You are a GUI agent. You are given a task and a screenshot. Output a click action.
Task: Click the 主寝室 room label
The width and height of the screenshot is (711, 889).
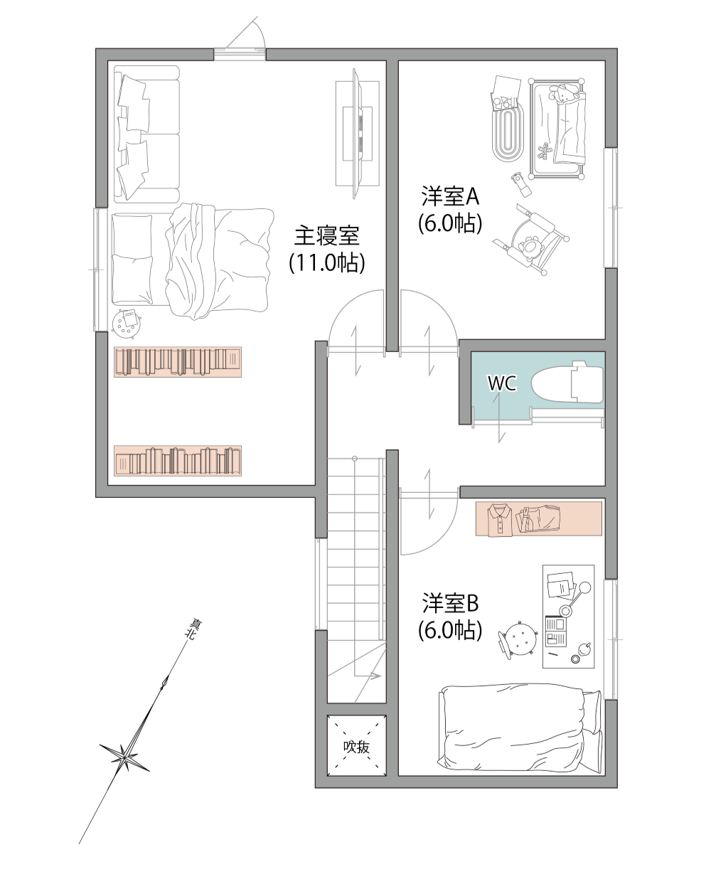[326, 235]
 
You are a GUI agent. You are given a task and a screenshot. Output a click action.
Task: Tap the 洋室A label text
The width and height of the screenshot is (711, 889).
[450, 196]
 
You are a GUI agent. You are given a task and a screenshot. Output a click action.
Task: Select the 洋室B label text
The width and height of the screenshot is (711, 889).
[450, 602]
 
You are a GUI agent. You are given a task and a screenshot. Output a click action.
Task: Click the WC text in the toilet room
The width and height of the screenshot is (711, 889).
[502, 383]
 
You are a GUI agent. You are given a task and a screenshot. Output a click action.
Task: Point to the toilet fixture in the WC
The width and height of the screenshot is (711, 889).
[567, 381]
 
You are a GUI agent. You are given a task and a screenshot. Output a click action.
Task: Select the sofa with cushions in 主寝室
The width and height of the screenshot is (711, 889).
[146, 134]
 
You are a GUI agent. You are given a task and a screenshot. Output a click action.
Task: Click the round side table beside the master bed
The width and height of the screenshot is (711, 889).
[127, 323]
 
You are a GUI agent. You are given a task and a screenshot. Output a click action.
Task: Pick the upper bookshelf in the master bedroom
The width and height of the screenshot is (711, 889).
[178, 362]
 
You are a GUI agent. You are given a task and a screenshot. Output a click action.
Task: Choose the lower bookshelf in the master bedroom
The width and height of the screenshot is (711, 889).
[178, 461]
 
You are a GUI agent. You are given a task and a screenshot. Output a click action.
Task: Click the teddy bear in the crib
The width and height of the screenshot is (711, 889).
[565, 94]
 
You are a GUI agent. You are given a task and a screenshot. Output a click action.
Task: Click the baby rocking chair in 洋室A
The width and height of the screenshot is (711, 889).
[531, 240]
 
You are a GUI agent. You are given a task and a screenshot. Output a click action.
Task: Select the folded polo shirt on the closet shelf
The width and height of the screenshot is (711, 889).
[499, 519]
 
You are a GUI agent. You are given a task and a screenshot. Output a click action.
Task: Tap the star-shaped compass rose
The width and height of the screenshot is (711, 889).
[124, 757]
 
